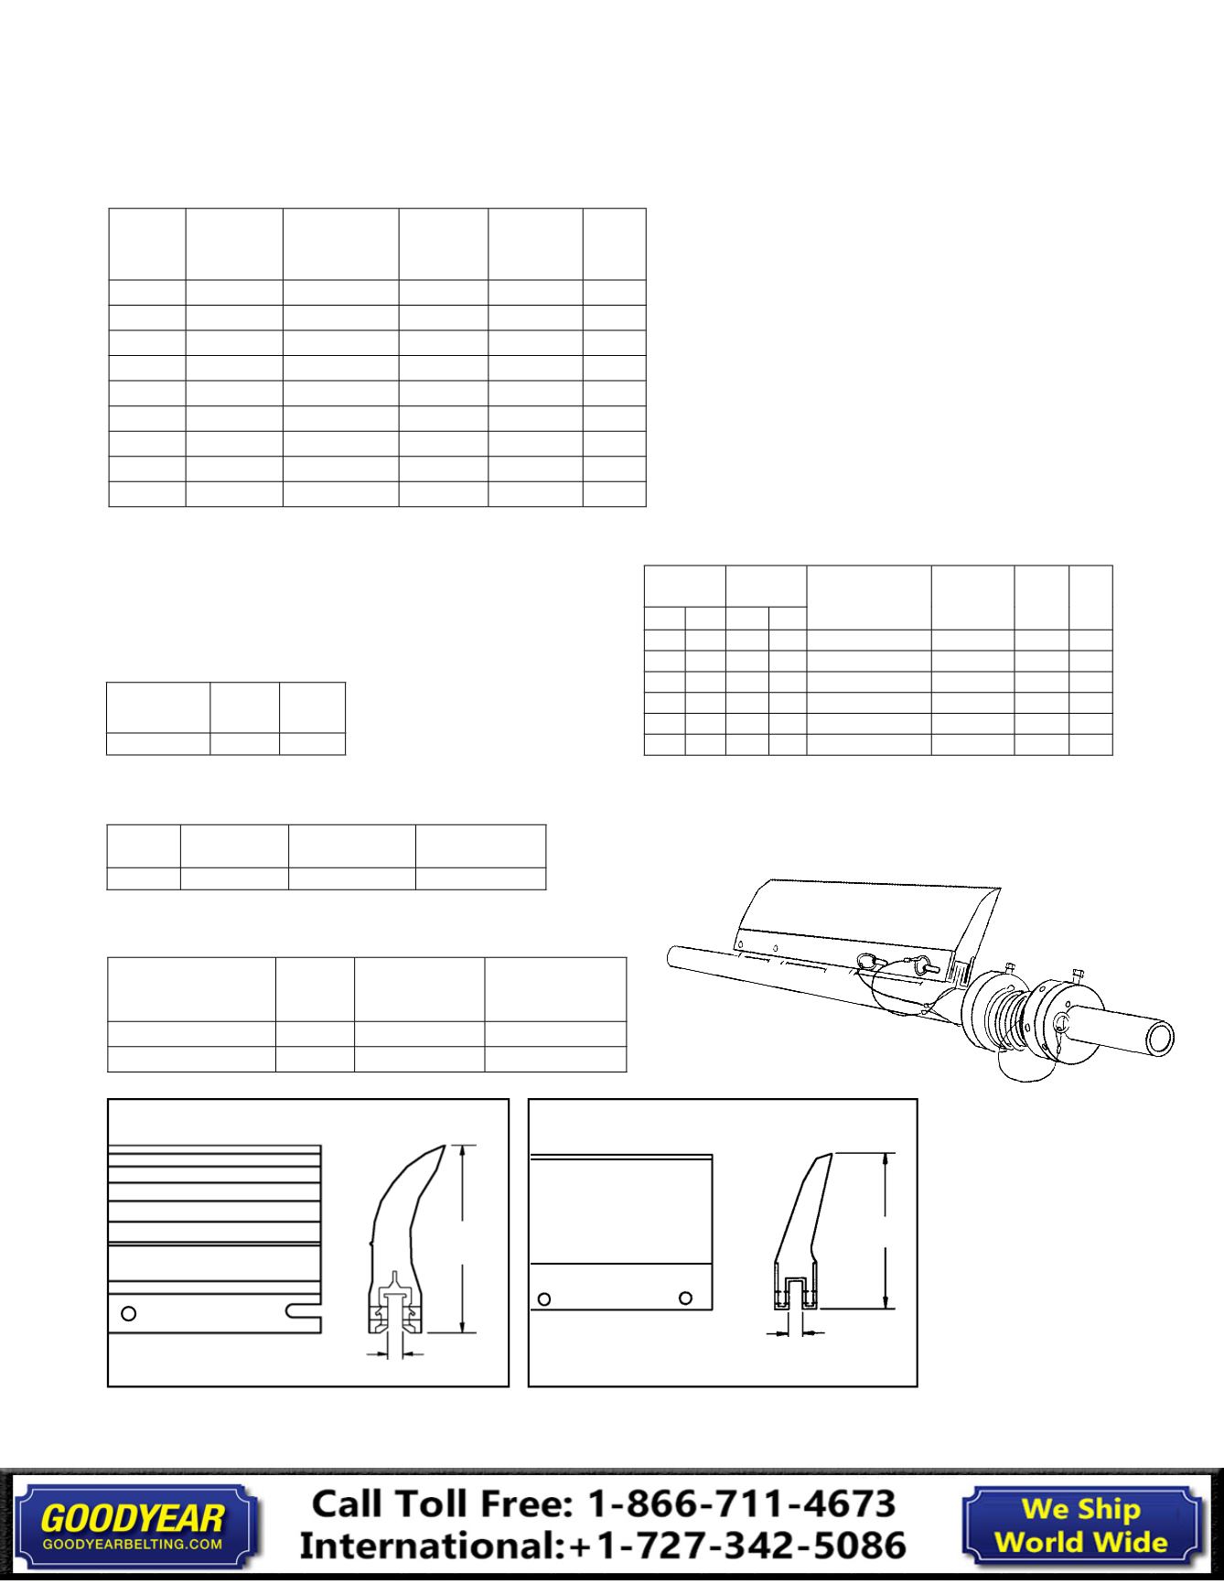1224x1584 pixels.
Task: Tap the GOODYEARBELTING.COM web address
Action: [133, 1544]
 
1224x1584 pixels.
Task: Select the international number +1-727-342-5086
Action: [737, 1546]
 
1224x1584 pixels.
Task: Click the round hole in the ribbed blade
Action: [129, 1313]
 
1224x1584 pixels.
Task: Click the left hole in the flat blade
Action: [544, 1298]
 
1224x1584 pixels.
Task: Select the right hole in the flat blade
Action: [684, 1298]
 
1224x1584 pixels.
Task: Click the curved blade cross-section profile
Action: [403, 1217]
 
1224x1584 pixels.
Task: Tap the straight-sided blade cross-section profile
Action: [799, 1226]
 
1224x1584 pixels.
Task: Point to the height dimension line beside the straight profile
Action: [885, 1231]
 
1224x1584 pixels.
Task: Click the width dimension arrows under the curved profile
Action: [395, 1352]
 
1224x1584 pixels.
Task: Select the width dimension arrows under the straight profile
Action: [795, 1333]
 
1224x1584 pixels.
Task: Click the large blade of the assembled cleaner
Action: [869, 915]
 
